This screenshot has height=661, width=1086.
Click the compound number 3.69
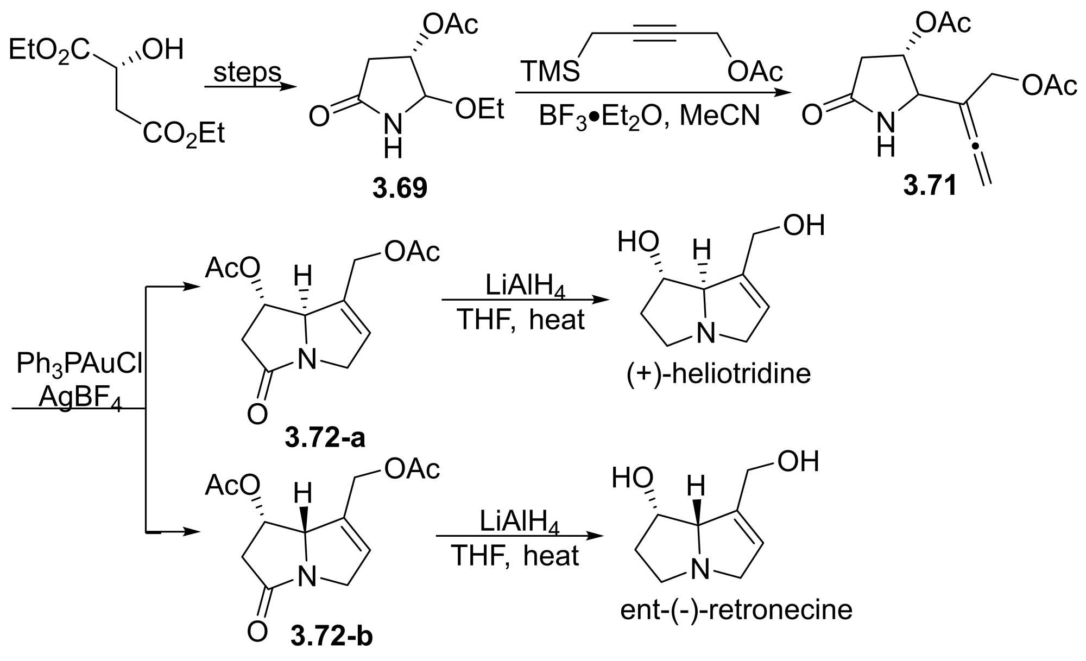[x=400, y=188]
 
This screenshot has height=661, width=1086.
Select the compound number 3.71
[x=930, y=186]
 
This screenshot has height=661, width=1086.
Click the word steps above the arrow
[x=247, y=72]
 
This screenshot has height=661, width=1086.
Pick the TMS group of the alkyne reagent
[x=550, y=72]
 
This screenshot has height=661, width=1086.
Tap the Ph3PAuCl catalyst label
[x=79, y=364]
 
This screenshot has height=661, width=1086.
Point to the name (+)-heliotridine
[x=718, y=374]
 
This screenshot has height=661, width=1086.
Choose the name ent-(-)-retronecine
[x=736, y=610]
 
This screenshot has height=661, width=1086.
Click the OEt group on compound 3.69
[x=479, y=109]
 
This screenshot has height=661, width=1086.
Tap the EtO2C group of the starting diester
[x=49, y=50]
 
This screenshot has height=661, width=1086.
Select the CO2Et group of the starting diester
[x=184, y=134]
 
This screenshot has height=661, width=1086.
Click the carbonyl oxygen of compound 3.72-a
[x=257, y=415]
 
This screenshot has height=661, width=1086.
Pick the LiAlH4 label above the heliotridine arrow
[x=525, y=287]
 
